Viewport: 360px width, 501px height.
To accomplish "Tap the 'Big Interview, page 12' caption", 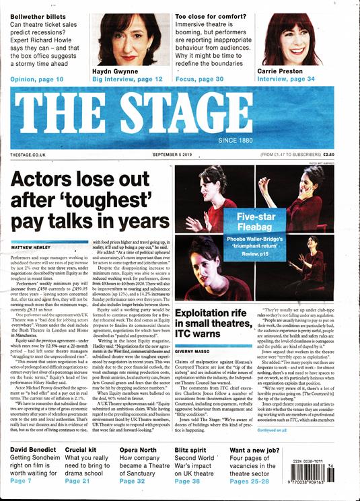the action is point(128,79).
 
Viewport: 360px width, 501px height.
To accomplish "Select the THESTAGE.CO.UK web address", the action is point(28,155).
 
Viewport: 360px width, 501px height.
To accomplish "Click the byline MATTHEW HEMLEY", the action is point(30,248).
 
